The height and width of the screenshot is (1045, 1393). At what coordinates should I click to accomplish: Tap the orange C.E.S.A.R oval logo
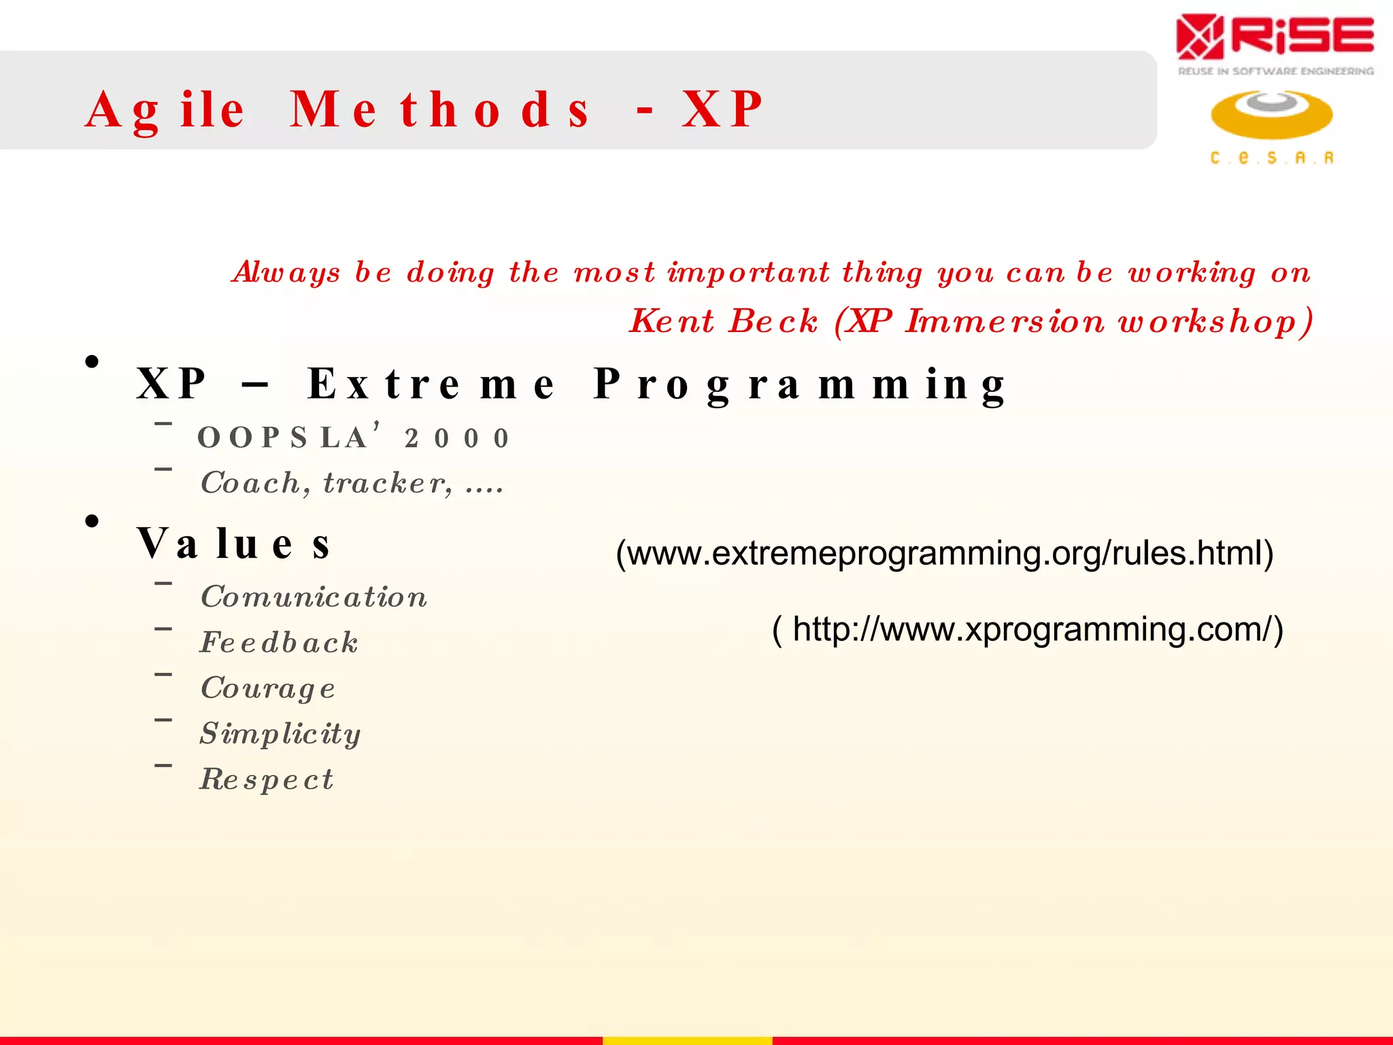coord(1271,114)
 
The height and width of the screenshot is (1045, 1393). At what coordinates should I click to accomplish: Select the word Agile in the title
coord(165,110)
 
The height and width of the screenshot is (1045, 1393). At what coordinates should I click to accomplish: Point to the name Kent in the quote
coord(672,320)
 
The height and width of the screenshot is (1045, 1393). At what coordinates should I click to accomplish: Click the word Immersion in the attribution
coord(1005,320)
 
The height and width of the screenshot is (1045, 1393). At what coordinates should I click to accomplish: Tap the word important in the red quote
coord(748,272)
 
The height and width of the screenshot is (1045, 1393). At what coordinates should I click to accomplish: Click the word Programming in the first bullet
coord(799,384)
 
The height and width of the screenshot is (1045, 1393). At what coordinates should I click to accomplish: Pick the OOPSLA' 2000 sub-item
coord(354,437)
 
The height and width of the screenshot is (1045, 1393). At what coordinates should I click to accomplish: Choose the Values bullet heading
coord(234,544)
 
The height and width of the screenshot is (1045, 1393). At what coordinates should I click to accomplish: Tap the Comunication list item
coord(314,597)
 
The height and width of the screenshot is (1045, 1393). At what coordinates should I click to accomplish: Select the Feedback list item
coord(279,642)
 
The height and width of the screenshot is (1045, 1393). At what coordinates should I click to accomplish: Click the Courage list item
coord(268,688)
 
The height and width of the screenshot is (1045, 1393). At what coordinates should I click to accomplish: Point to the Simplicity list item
coord(280,733)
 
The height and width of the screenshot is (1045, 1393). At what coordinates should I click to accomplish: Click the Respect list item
coord(267,779)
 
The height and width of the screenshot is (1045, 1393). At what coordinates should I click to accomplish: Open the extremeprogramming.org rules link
coord(944,553)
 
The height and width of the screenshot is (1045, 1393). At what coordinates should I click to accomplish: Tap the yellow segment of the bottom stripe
coord(687,1040)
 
